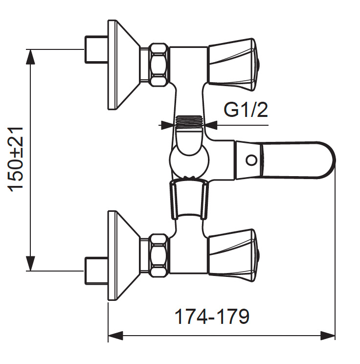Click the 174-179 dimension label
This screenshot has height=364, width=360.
click(212, 317)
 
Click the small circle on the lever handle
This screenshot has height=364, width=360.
click(251, 160)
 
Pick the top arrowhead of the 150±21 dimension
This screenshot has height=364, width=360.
click(31, 55)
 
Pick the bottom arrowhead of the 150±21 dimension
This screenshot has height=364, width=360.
click(31, 264)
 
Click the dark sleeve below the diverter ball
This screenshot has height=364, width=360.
click(189, 198)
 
